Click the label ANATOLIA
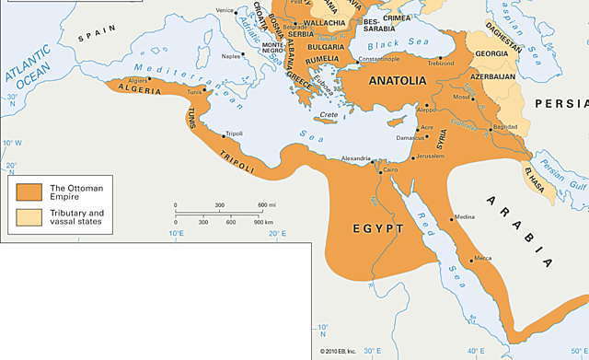pyautogui.click(x=397, y=81)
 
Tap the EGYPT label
pyautogui.click(x=377, y=227)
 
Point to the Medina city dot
pyautogui.click(x=451, y=218)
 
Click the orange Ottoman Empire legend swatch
pyautogui.click(x=28, y=192)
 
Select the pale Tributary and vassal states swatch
pyautogui.click(x=28, y=217)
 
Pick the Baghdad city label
pyautogui.click(x=505, y=125)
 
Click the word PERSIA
pyautogui.click(x=564, y=103)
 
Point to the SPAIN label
pyautogui.click(x=92, y=38)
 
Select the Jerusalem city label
pyautogui.click(x=436, y=157)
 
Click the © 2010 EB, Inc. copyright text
pyautogui.click(x=339, y=352)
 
